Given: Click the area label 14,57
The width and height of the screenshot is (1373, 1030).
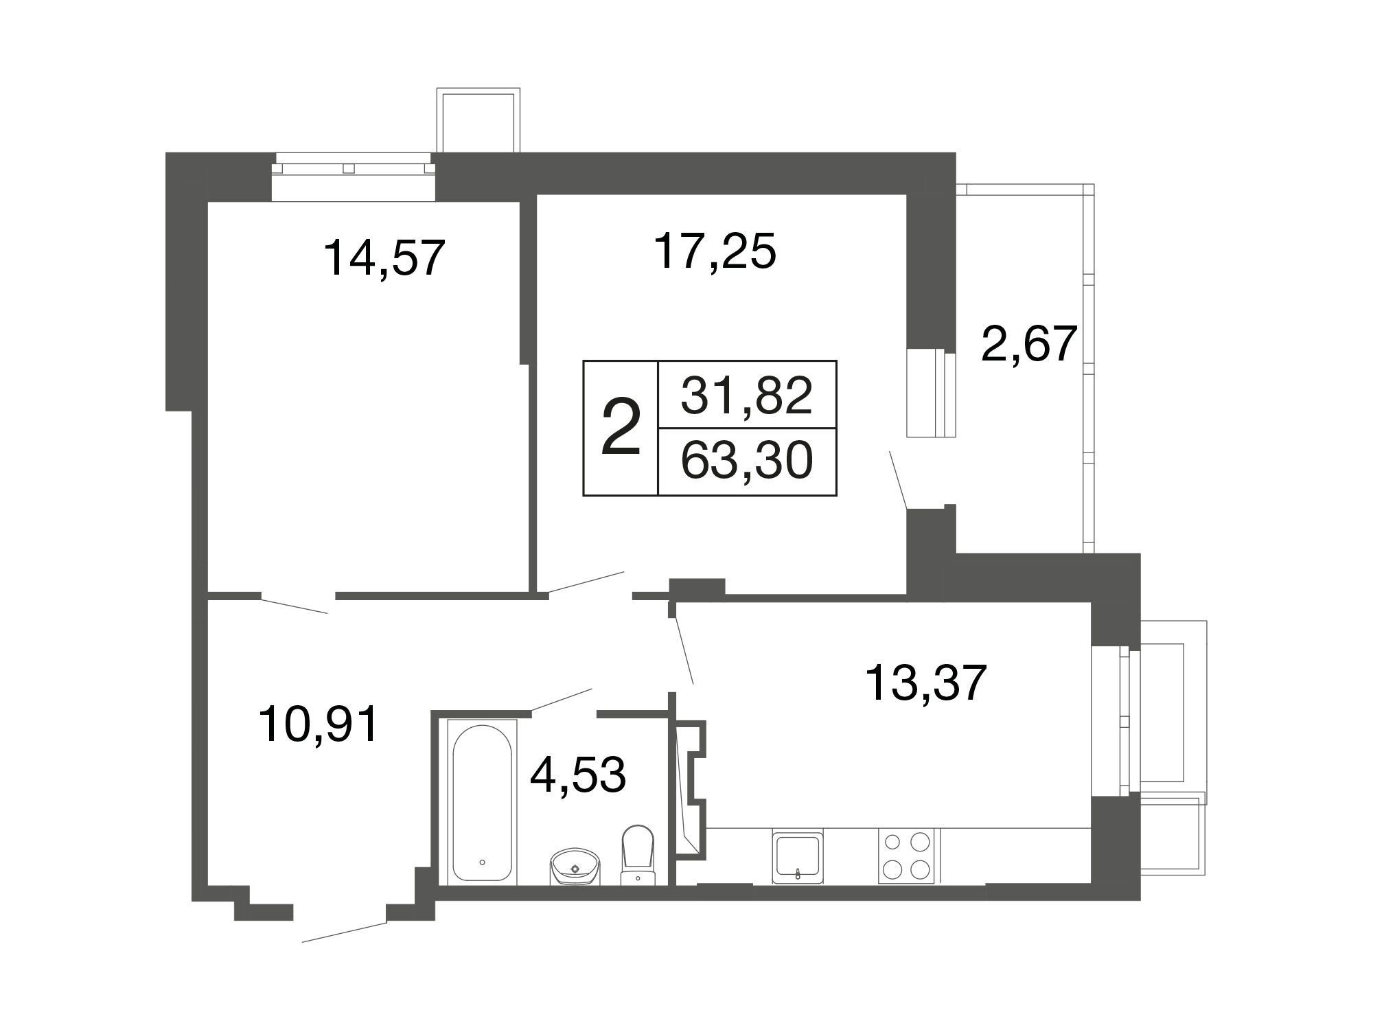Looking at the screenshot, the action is (384, 258).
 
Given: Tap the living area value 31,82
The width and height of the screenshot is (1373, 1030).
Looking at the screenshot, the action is (747, 395).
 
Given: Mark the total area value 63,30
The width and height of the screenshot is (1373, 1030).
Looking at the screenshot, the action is (747, 461).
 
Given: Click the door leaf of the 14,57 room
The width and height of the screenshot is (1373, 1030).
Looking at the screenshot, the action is (294, 602).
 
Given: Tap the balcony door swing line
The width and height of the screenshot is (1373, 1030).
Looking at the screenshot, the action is (899, 480).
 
